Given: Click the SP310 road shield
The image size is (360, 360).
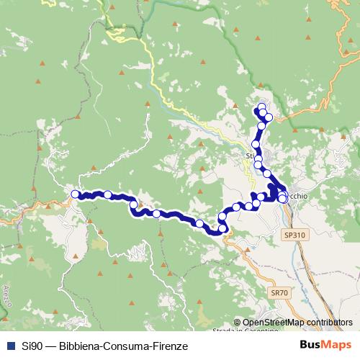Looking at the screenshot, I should tap(295, 235).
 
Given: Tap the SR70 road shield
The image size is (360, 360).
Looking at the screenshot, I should tap(279, 293).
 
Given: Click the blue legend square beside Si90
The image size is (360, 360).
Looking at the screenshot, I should tap(9, 346).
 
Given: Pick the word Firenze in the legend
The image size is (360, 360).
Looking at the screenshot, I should tap(170, 346).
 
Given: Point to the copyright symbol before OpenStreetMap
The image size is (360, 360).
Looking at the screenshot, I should tap(237, 323).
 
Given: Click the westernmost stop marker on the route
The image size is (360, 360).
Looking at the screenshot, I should tap(75, 194).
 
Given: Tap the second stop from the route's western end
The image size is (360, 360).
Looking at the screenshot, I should tap(108, 194).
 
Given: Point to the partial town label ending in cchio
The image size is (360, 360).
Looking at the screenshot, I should tap(297, 195).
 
